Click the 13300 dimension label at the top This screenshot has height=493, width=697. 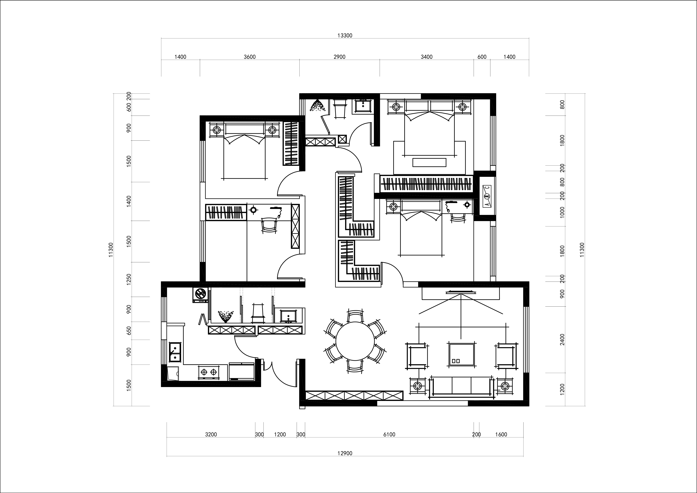coord(345,36)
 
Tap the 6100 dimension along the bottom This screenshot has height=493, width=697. coord(389,434)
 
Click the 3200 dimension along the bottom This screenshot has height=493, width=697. coord(211,434)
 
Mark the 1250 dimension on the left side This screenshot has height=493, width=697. coord(129,279)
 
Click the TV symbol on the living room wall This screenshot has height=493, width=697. coord(461,292)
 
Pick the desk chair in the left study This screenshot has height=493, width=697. coord(269,225)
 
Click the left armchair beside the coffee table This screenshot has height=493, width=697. coord(416,356)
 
